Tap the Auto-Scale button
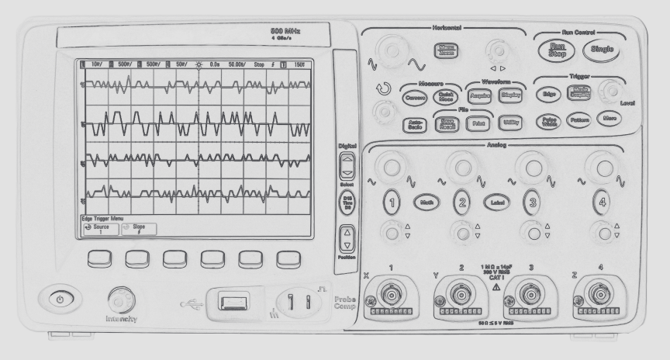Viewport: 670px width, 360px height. [413, 123]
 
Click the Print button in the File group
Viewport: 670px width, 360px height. [476, 123]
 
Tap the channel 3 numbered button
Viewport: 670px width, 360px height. [530, 202]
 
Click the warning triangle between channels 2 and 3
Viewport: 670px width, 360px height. [496, 288]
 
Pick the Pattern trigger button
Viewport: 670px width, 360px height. [578, 120]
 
